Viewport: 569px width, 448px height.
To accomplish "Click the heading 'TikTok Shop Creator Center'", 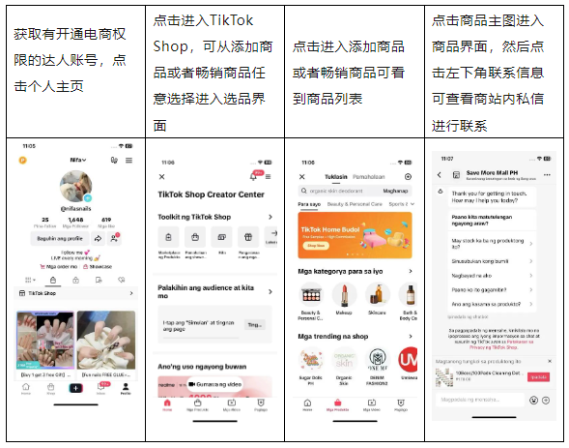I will [x=211, y=195].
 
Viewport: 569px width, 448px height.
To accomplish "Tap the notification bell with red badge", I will [x=254, y=177].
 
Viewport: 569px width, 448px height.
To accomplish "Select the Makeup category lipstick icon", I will [x=345, y=295].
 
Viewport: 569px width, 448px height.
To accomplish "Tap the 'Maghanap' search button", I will [x=395, y=192].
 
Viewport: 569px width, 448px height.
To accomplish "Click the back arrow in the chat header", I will [x=439, y=175].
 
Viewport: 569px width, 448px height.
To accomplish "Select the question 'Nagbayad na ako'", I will [x=472, y=275].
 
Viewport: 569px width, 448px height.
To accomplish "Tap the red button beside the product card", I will [x=539, y=376].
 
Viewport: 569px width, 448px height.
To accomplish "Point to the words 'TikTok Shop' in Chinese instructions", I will [x=204, y=20].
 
